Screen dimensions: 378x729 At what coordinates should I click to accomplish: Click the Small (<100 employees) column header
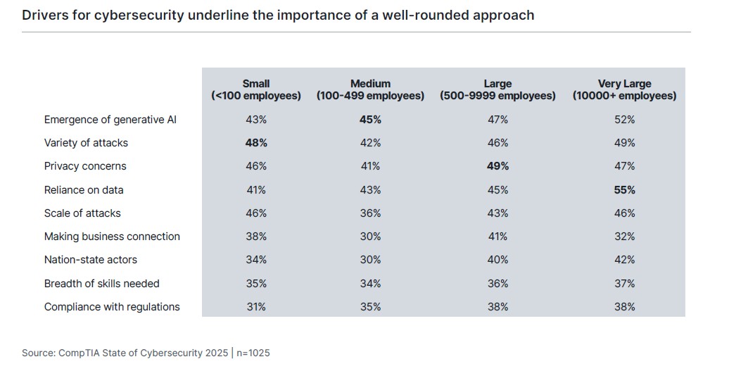coord(256,89)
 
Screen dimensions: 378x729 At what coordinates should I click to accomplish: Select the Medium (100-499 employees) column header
coord(370,89)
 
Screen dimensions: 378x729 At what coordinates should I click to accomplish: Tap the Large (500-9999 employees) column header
coord(497,89)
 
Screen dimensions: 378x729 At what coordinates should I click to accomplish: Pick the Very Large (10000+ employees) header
coord(624,89)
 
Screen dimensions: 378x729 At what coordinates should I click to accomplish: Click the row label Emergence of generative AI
coord(110,120)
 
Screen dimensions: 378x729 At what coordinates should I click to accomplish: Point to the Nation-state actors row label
coord(91,260)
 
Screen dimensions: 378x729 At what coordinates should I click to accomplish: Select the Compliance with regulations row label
coord(112,307)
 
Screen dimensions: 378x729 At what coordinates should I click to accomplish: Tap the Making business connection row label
coord(112,237)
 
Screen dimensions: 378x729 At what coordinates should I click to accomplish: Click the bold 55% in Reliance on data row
coord(624,190)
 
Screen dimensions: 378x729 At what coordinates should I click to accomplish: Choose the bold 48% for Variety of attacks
coord(256,143)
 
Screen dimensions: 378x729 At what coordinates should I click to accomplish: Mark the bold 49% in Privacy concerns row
coord(497,166)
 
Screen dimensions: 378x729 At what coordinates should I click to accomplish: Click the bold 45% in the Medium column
coord(370,120)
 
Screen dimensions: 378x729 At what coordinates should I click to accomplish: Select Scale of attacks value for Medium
coord(370,213)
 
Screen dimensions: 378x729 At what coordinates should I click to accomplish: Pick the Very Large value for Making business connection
coord(624,237)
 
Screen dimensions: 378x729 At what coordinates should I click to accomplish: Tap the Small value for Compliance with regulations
coord(256,307)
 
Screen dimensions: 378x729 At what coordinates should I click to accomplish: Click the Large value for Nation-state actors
coord(497,260)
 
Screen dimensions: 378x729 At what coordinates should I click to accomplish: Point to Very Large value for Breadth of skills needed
coord(624,284)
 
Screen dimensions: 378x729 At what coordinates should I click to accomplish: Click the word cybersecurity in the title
coord(146,15)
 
